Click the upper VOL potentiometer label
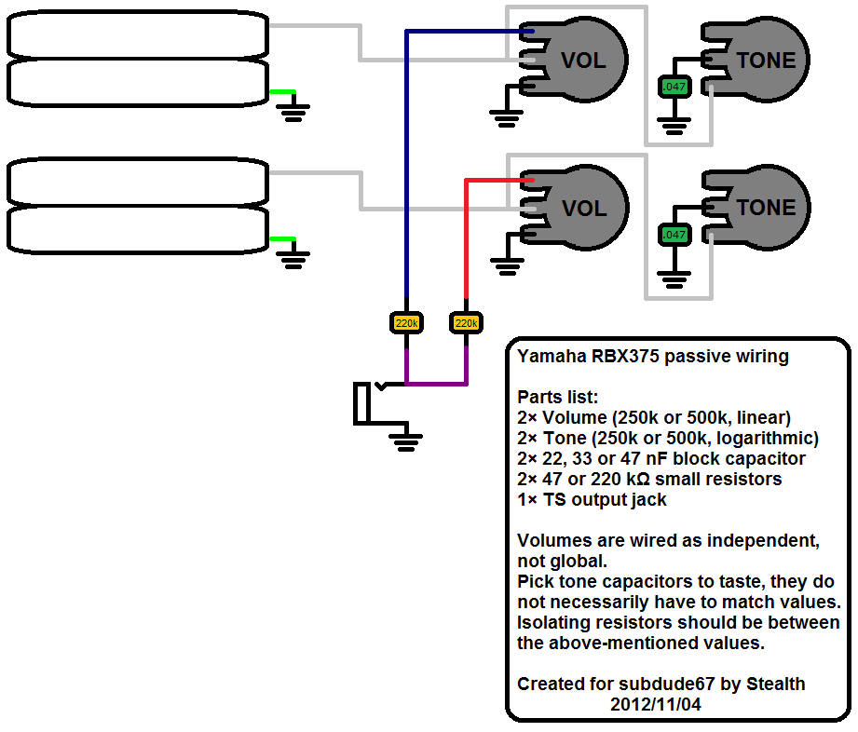(x=583, y=61)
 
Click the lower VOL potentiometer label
(x=583, y=209)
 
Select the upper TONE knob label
(x=766, y=61)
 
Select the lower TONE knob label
(x=766, y=208)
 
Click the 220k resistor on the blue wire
(x=406, y=323)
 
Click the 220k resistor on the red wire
(x=465, y=323)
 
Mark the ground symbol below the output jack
(x=404, y=440)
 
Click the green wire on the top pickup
(x=282, y=92)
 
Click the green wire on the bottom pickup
(x=282, y=239)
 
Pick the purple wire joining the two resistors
(x=435, y=383)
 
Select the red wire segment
(x=465, y=242)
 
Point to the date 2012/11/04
(x=656, y=705)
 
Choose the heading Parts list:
(x=556, y=398)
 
